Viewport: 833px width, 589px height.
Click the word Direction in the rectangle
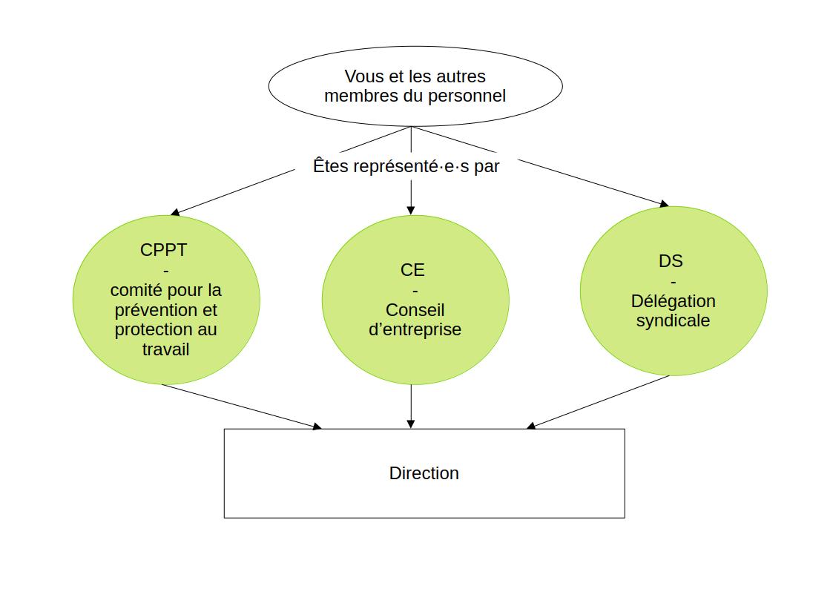click(x=424, y=473)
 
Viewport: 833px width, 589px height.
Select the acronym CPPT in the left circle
click(x=163, y=250)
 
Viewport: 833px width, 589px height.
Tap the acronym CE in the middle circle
click(x=412, y=270)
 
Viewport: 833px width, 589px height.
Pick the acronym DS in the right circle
click(x=671, y=261)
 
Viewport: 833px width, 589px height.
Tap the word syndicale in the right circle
click(x=673, y=320)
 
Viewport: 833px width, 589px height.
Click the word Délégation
click(x=673, y=301)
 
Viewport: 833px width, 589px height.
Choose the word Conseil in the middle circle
click(x=415, y=310)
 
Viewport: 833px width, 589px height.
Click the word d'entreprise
click(x=415, y=329)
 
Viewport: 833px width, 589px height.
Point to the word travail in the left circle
click(x=165, y=349)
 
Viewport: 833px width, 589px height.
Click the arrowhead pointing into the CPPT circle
click(x=175, y=213)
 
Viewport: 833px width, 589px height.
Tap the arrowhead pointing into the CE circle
click(x=411, y=210)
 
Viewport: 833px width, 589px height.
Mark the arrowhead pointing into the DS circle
click(x=664, y=204)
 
